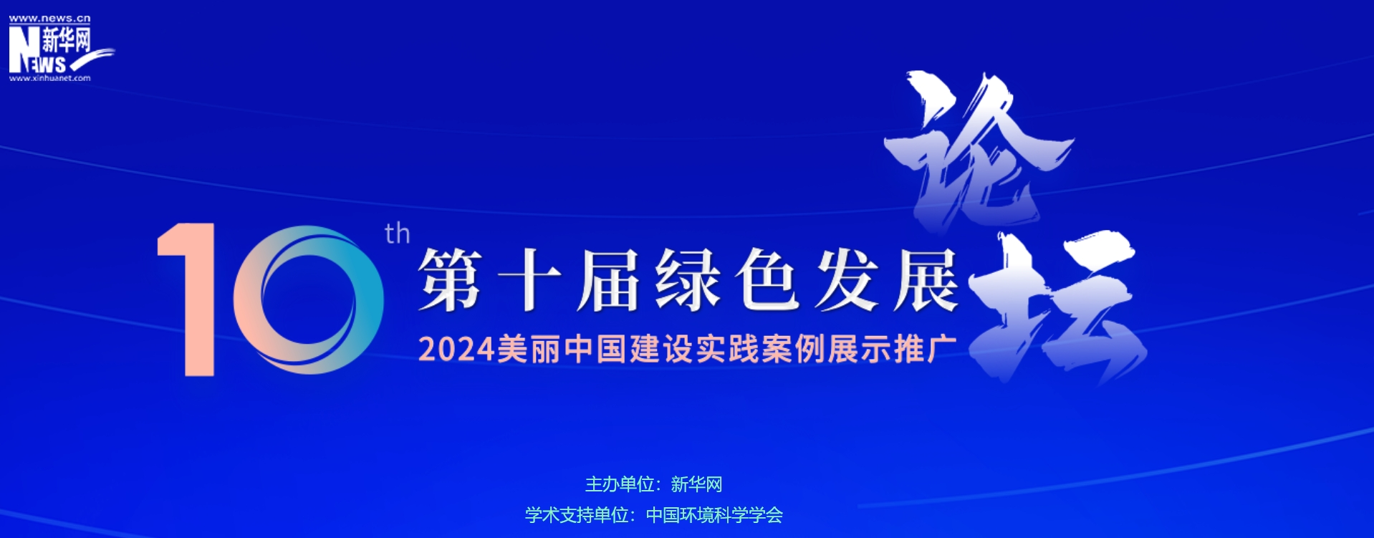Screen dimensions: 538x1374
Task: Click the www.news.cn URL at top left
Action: pos(49,19)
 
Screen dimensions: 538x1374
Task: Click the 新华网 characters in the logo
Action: pos(67,40)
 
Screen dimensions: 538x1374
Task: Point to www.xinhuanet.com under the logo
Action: pos(49,78)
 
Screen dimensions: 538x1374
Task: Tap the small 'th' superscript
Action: pos(397,234)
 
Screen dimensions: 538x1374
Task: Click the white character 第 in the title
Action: pos(450,281)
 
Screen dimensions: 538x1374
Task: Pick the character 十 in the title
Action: pos(529,281)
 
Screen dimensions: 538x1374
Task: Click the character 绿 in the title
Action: pos(688,281)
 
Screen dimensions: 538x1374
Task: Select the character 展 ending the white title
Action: pos(926,281)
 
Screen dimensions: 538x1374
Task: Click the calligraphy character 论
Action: pos(978,150)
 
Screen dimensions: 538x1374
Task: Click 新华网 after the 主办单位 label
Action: pos(696,485)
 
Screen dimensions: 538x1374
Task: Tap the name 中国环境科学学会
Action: pos(714,515)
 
